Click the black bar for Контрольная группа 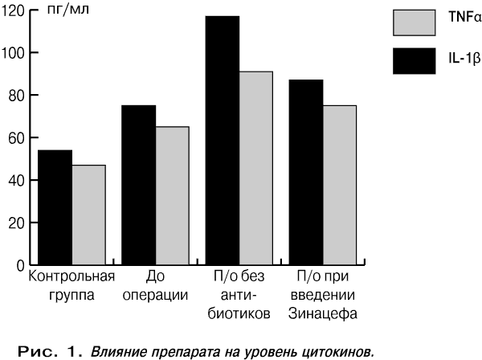tap(55, 207)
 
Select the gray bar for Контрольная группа tap(89, 215)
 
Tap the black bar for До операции tap(139, 185)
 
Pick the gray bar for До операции tap(173, 195)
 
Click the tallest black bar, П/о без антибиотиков tap(223, 141)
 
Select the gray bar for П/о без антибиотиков tap(256, 168)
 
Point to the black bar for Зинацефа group tap(306, 172)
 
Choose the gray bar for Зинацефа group tap(340, 185)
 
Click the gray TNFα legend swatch tap(414, 22)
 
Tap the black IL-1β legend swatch tap(414, 61)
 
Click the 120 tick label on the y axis tap(13, 11)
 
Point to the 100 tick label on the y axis tap(13, 54)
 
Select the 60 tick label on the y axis tap(16, 138)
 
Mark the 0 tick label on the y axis tap(20, 266)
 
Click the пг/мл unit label tap(68, 9)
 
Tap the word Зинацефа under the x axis tap(323, 313)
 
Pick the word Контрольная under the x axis tap(71, 276)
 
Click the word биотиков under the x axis tap(239, 313)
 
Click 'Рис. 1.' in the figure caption tap(50, 351)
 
